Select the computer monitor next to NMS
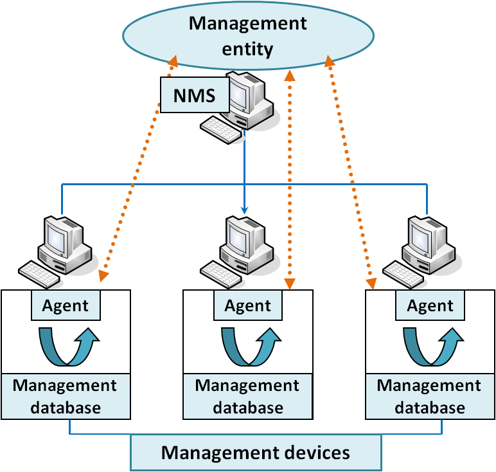pos(239,94)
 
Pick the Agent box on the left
pos(66,305)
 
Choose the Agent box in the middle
pos(248,305)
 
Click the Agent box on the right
pos(430,305)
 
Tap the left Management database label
pos(66,396)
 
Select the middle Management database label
pos(248,396)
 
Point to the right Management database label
pos(430,396)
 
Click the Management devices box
pos(256,452)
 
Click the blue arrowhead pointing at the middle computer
pos(244,210)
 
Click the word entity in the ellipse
pos(248,48)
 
